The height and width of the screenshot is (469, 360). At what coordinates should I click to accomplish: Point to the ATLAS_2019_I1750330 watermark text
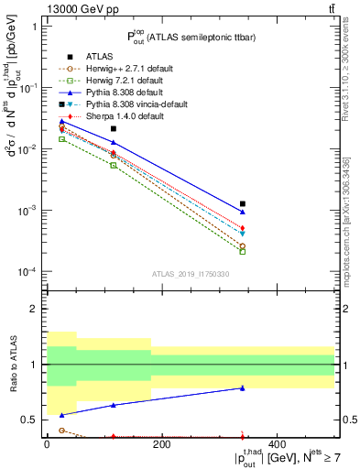190,274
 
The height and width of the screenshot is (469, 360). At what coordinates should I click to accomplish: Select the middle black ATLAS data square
114,129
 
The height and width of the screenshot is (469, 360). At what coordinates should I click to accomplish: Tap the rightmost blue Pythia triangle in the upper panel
243,212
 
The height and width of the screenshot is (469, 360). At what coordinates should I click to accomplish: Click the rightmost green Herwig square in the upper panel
243,251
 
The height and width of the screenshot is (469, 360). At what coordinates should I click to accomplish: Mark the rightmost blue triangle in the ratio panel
243,388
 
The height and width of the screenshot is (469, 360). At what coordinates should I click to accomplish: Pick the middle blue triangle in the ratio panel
114,405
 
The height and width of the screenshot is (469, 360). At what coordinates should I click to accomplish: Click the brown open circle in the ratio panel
61,430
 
